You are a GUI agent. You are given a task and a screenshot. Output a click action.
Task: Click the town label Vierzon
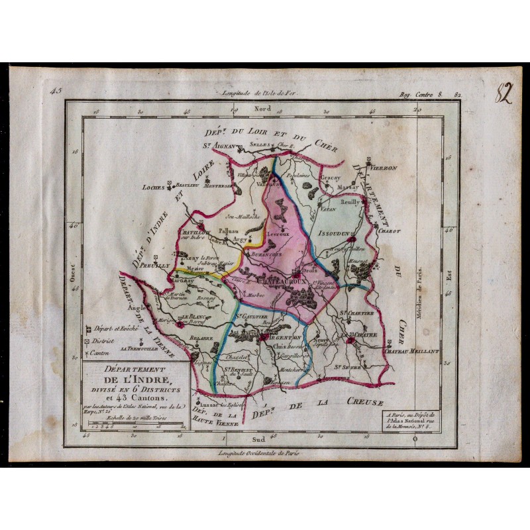point(384,168)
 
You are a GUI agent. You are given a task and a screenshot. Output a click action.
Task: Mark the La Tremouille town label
point(136,348)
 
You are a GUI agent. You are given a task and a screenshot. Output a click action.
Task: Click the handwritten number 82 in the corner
point(506,94)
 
